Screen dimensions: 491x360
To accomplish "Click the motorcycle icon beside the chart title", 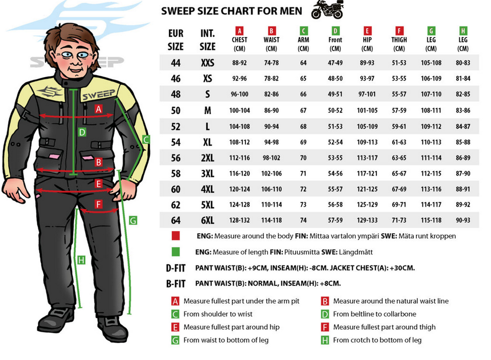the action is [327, 9].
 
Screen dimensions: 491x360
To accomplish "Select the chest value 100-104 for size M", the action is [239, 110].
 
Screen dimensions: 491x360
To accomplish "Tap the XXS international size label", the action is [207, 62].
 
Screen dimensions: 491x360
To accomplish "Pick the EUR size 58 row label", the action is [175, 173].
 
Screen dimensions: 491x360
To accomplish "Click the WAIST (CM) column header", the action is [272, 40].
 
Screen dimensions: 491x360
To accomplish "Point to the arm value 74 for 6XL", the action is [303, 220].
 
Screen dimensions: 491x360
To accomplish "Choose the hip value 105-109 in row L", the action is [367, 126].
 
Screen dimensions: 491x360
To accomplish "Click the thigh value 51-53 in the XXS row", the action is [399, 63].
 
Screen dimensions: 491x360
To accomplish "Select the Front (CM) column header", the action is [335, 40].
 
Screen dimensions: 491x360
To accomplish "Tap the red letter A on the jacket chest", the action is [99, 109].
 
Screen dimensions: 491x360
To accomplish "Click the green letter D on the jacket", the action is [82, 132].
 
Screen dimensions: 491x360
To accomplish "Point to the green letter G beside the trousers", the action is [133, 221].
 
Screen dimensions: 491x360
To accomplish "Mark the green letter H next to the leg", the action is [81, 260].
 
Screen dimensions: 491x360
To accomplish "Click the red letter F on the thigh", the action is [99, 205].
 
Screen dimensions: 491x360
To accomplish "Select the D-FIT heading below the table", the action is [175, 268].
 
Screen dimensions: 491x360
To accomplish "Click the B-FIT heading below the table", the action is [175, 284].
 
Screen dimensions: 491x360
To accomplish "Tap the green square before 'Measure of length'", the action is [175, 252].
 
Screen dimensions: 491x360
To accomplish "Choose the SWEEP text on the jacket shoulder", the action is [99, 95].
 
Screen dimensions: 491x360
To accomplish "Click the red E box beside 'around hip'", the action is [175, 327].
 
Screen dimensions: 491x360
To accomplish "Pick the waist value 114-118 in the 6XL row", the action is [272, 220].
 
